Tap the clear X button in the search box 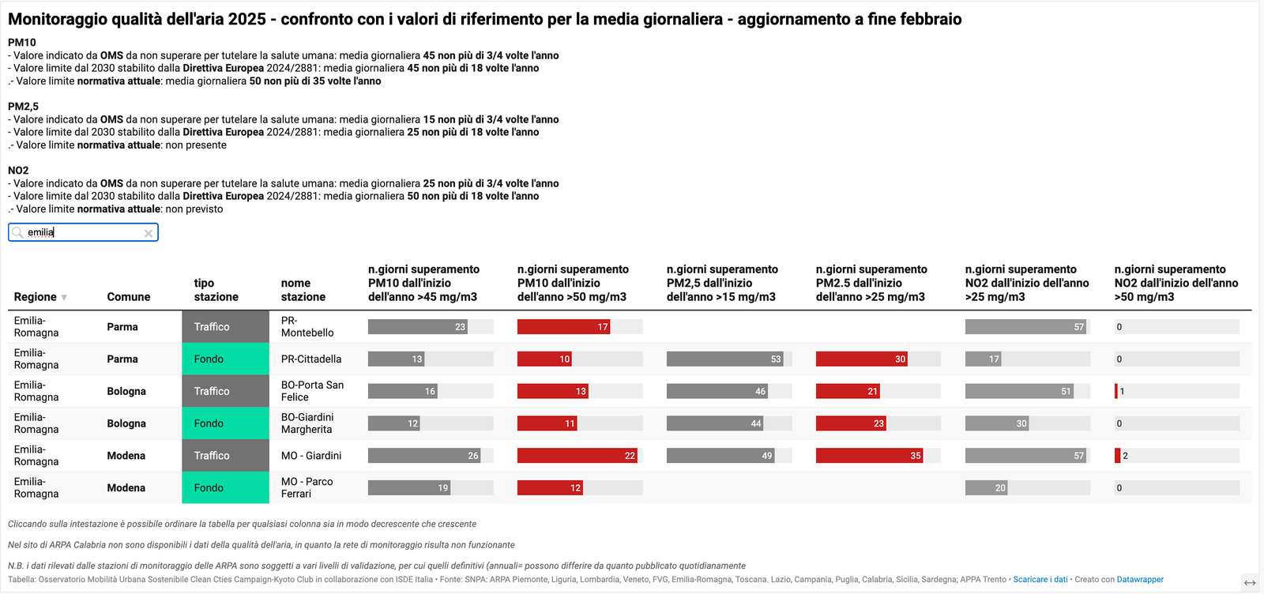tap(148, 233)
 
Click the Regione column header tap(36, 297)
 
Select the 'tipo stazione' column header tap(216, 290)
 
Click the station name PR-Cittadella tap(311, 359)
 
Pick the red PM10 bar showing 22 tap(577, 456)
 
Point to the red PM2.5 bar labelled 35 tap(870, 456)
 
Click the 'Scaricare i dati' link tap(1040, 580)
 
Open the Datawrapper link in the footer tap(1140, 580)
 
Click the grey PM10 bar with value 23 tap(418, 327)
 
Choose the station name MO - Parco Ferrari tap(307, 488)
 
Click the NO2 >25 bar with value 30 tap(997, 423)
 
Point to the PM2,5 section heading tap(23, 107)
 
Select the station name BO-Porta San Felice tap(312, 391)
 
